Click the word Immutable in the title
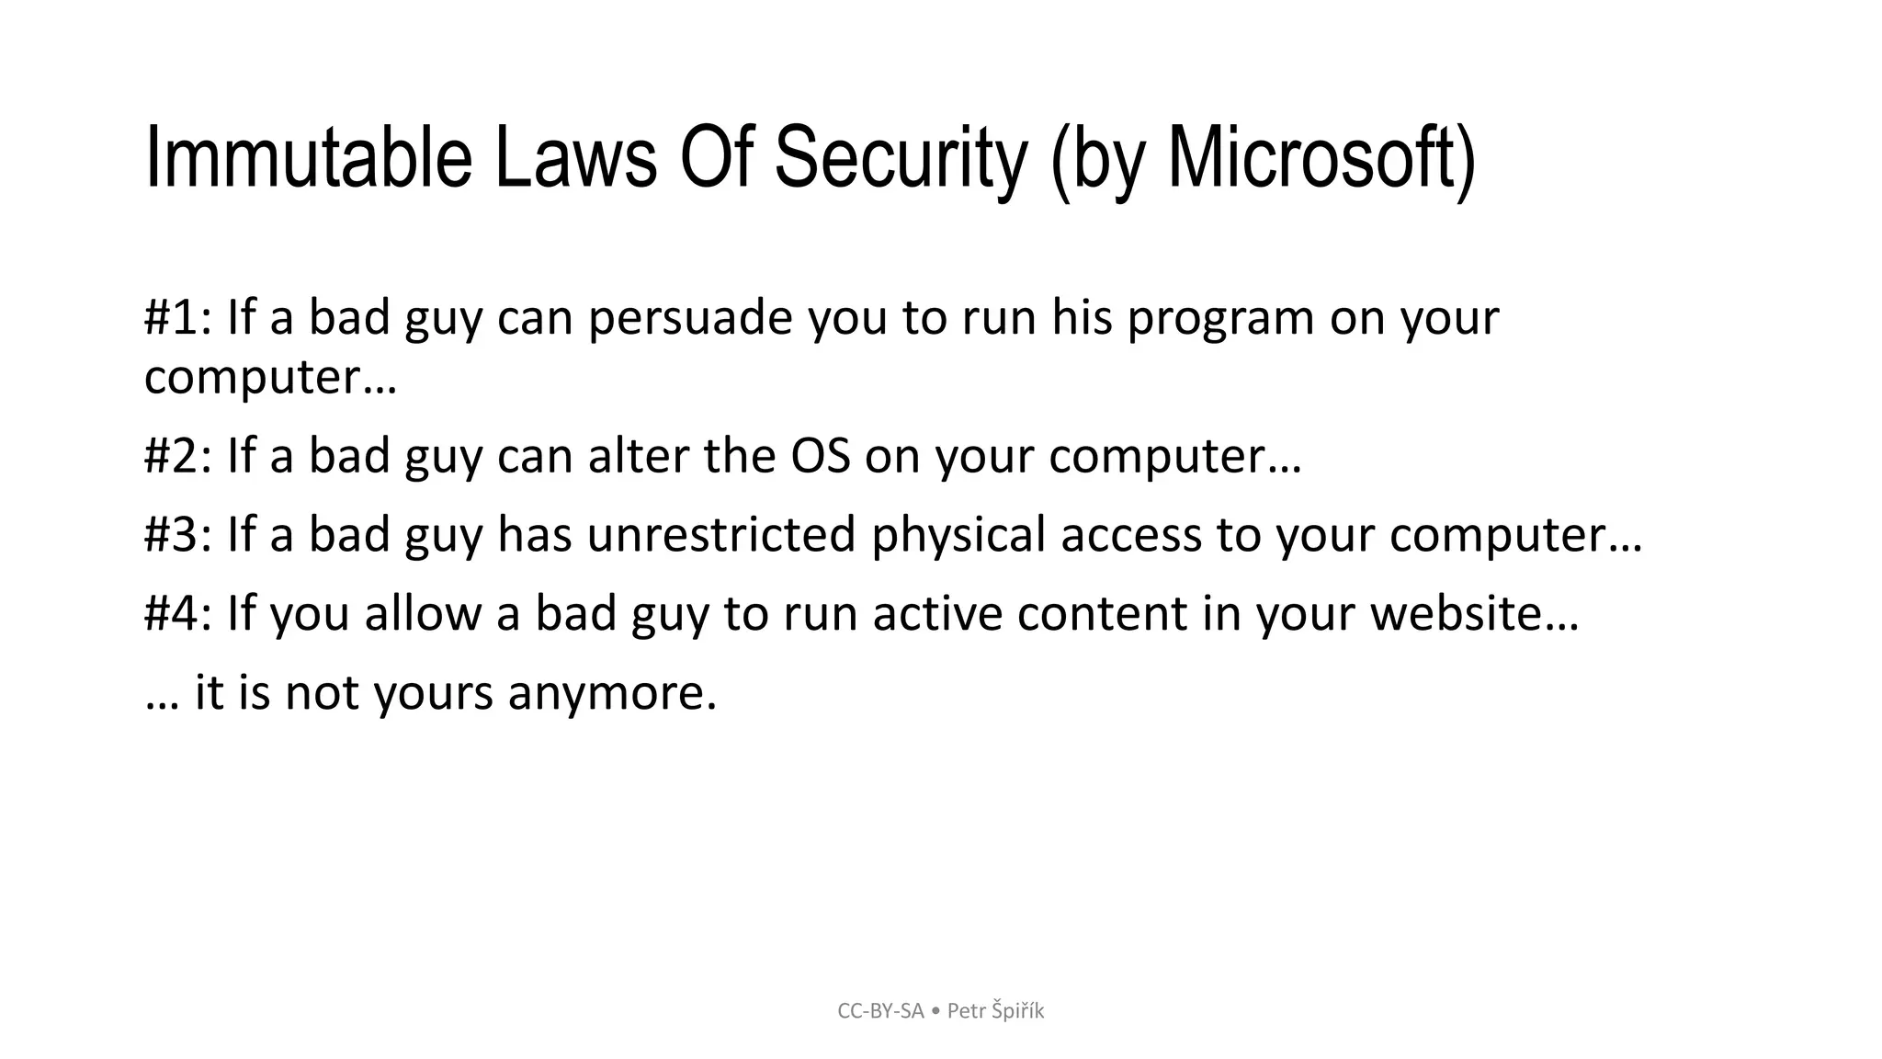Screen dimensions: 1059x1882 click(x=309, y=158)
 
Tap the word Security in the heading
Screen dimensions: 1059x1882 click(x=900, y=158)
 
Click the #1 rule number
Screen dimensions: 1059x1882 click(x=173, y=317)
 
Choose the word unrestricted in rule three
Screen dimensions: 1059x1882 click(x=721, y=534)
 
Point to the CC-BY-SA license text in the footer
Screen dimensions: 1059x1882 click(x=880, y=1011)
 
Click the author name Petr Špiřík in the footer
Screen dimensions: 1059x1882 click(x=995, y=1011)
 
